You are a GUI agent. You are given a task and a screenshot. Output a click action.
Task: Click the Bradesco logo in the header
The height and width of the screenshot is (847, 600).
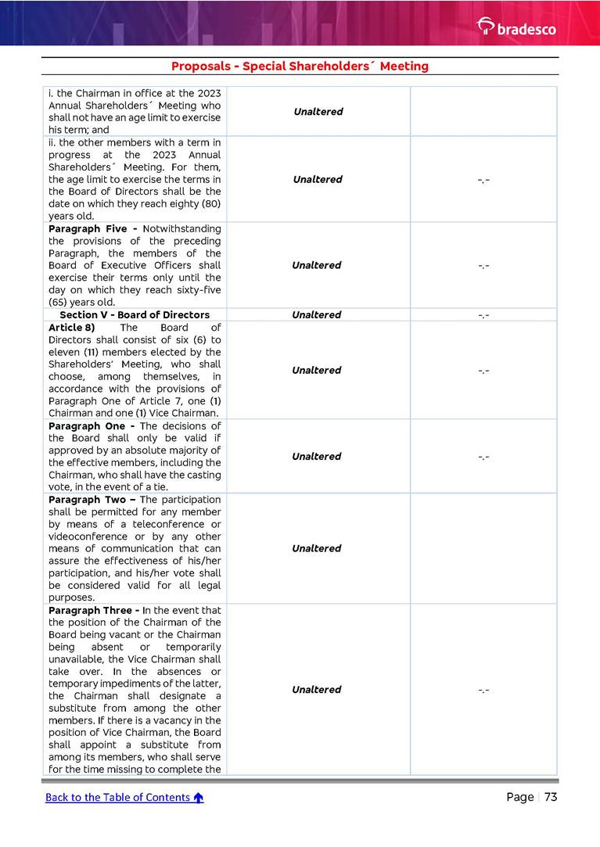pos(516,28)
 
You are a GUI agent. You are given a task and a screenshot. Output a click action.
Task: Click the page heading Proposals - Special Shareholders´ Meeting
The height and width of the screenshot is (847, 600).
pos(300,66)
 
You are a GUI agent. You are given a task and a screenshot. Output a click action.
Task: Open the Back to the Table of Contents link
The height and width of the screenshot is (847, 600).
pos(117,797)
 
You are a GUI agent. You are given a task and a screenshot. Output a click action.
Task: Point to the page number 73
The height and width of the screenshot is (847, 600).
pos(550,797)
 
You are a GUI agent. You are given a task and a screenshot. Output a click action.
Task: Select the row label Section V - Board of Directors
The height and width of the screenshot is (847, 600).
pos(135,315)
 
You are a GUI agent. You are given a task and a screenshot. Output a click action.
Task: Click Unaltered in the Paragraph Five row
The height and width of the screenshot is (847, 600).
pos(317,265)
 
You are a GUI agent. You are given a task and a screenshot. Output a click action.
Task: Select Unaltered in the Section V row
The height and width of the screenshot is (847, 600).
pos(317,315)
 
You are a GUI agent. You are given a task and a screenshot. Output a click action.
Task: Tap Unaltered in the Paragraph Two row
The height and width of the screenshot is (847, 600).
pos(317,548)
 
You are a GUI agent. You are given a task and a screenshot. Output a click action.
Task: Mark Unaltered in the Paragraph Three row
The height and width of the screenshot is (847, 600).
pos(317,689)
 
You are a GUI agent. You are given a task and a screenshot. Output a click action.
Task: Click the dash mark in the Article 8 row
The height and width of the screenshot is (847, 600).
pos(483,370)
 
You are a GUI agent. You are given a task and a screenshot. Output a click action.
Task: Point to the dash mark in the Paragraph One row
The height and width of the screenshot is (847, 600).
pos(483,456)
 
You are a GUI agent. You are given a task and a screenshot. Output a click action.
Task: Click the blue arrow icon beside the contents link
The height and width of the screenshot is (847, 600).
pos(199,798)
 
